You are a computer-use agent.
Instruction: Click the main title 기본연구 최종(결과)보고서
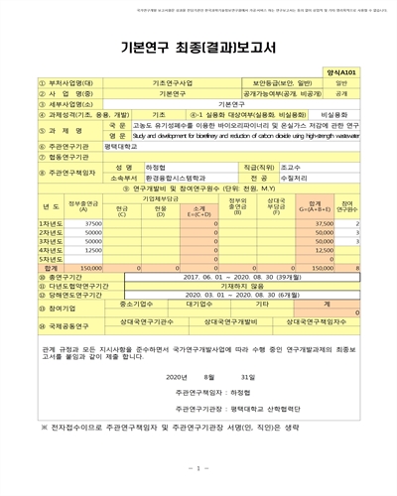point(198,47)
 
